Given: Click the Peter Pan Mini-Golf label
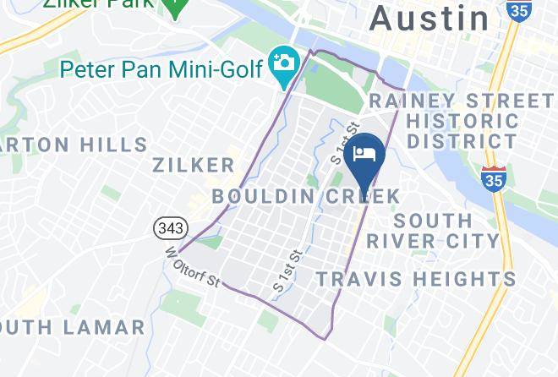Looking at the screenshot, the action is click(x=161, y=66).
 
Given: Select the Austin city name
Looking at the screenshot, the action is click(x=430, y=18).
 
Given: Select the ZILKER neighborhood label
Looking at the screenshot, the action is click(x=194, y=164).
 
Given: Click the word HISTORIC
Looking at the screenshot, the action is click(x=462, y=122).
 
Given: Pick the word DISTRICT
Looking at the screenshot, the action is click(x=462, y=142).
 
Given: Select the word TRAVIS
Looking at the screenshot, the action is click(x=358, y=278).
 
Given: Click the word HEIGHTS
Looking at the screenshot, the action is click(x=462, y=278).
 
